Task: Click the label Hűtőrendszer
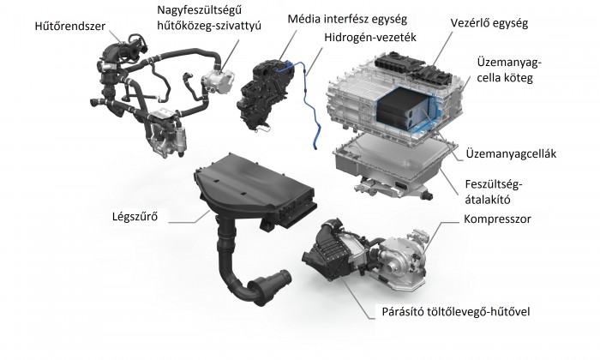[x=69, y=26]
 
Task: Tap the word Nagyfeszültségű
[x=200, y=10]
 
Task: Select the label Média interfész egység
[x=347, y=19]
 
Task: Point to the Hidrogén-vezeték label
[x=370, y=38]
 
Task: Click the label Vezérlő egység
[x=489, y=23]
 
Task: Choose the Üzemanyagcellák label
[x=511, y=153]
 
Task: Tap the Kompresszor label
[x=497, y=219]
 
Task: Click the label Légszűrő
[x=135, y=217]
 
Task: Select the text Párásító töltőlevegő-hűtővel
[x=456, y=311]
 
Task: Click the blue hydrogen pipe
[x=310, y=109]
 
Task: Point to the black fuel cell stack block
[x=404, y=109]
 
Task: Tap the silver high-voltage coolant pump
[x=218, y=81]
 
